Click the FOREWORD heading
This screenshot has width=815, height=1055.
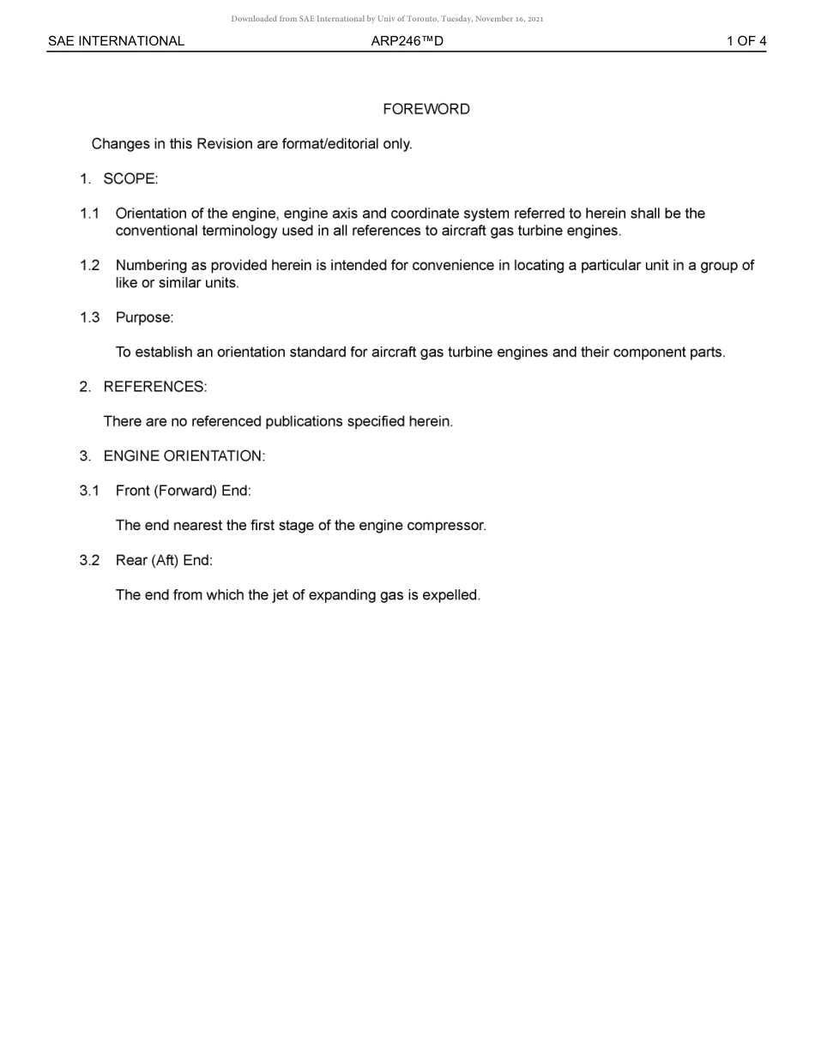426,109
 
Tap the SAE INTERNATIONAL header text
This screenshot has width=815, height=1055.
116,41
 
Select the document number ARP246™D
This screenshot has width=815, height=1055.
407,41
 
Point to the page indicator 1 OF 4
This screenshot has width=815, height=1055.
746,41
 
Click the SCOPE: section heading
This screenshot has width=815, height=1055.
130,178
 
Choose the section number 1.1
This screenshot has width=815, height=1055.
89,214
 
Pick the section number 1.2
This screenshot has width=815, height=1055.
89,265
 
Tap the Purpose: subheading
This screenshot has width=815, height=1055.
144,317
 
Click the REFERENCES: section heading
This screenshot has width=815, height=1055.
154,387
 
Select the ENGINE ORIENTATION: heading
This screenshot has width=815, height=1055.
184,456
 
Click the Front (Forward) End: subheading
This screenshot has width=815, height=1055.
183,491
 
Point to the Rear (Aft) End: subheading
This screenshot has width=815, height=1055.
164,560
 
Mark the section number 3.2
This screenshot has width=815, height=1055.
89,560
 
